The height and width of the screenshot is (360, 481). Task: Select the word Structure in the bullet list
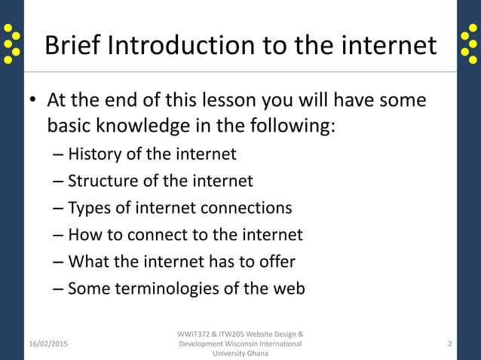pos(101,181)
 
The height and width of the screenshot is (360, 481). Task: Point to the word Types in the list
pos(87,208)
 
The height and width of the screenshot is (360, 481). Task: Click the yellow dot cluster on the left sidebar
pos(11,44)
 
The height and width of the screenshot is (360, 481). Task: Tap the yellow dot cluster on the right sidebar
pos(469,44)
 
